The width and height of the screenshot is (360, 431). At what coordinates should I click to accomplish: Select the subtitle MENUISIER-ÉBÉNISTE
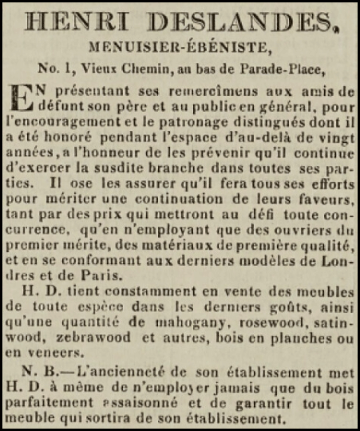[x=179, y=48]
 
